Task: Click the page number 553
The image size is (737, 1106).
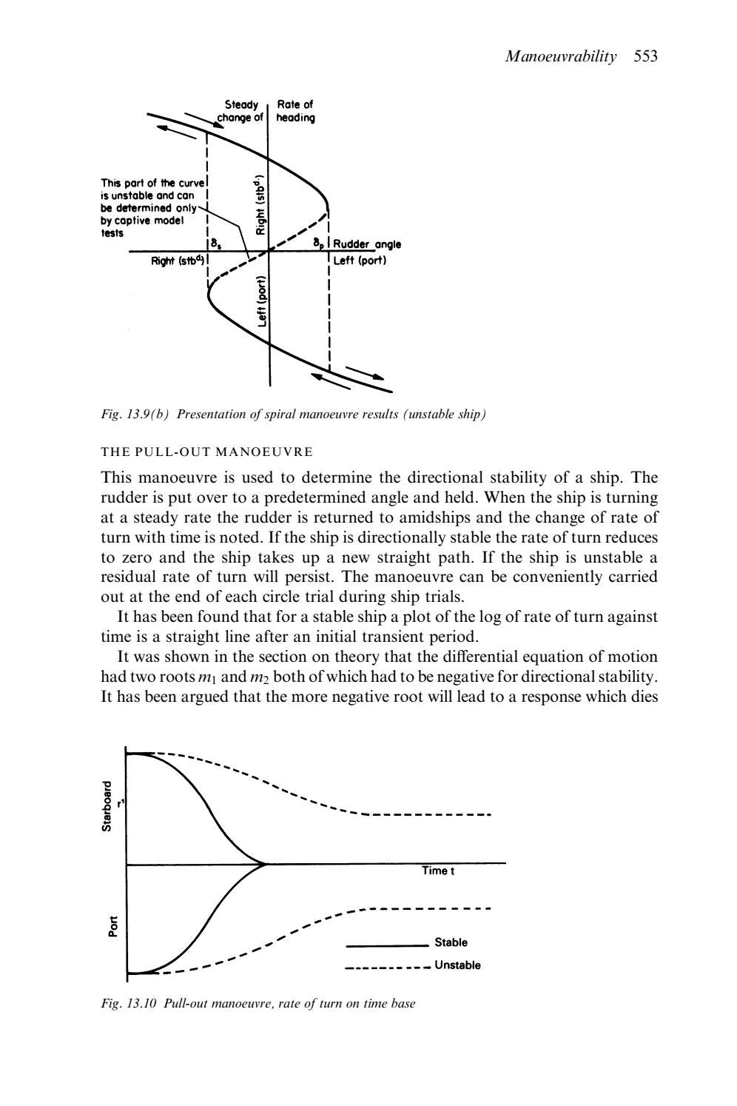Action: [x=645, y=57]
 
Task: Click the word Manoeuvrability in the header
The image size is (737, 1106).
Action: [x=560, y=57]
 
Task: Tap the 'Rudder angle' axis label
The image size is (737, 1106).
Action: [x=367, y=244]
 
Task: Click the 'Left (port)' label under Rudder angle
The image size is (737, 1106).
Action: [x=360, y=261]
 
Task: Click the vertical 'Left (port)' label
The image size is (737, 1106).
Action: [x=261, y=302]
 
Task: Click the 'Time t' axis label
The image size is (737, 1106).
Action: [x=438, y=871]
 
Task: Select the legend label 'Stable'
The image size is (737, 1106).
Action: [x=451, y=942]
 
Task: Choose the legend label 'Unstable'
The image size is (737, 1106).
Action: [x=457, y=965]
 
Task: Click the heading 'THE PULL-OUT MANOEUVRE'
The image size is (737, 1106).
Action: [x=206, y=452]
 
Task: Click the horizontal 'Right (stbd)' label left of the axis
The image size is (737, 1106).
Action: [x=178, y=261]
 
